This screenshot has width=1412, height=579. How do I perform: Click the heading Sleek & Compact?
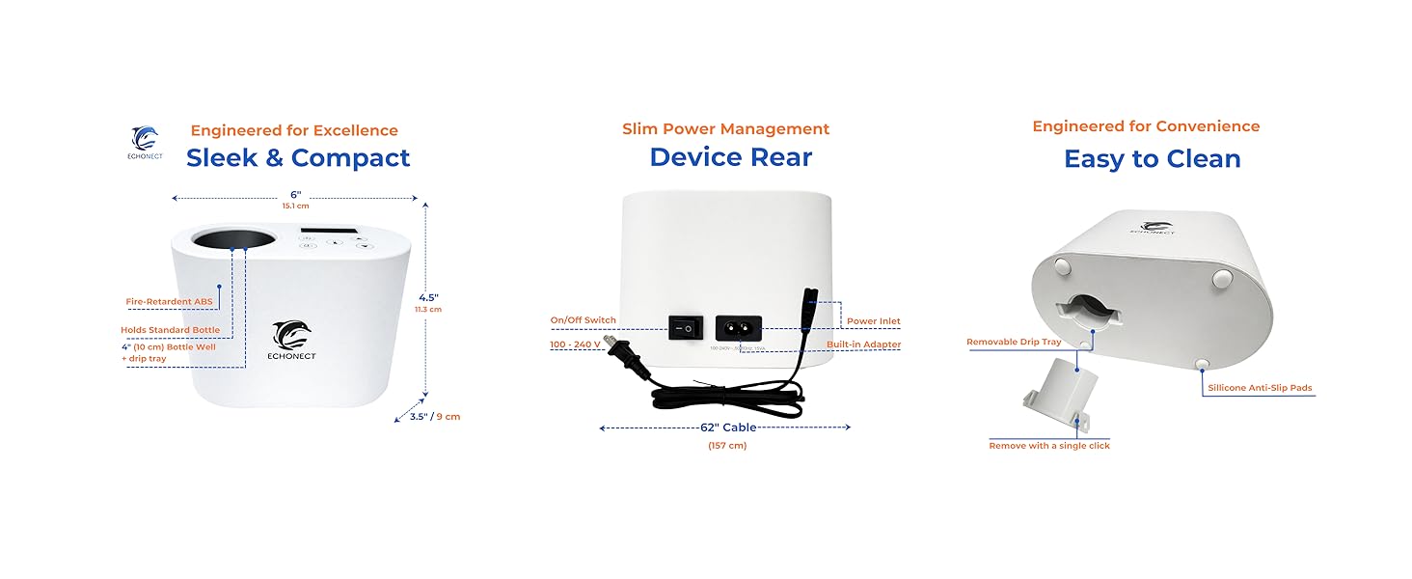298,158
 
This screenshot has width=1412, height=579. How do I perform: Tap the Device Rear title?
730,157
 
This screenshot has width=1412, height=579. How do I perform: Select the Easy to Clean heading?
1152,159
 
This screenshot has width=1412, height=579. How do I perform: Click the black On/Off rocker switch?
683,328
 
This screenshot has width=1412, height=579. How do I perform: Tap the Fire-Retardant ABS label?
169,302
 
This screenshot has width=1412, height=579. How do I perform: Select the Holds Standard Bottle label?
170,330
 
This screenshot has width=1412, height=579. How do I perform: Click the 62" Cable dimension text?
727,427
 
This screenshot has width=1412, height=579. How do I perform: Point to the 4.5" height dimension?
429,297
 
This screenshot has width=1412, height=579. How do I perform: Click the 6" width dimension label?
294,195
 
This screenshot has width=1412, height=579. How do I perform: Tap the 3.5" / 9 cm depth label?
435,417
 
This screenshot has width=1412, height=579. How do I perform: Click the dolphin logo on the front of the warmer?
292,335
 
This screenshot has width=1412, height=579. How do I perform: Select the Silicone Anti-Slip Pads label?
1260,388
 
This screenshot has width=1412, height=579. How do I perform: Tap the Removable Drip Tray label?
1014,343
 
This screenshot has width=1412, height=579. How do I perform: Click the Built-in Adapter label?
863,345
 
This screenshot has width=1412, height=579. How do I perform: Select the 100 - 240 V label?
575,344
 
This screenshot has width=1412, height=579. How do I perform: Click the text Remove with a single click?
1049,446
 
